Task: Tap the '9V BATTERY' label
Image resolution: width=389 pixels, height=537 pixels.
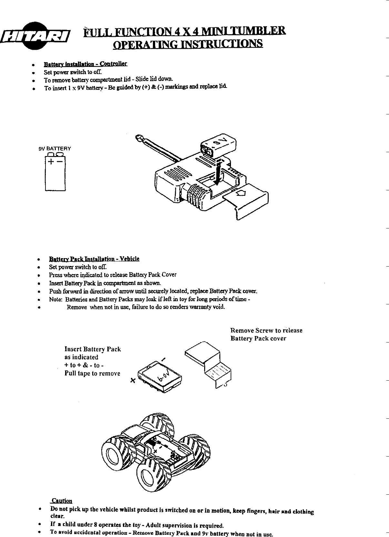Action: pos(55,149)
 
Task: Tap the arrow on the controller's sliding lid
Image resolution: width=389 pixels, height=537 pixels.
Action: pos(241,193)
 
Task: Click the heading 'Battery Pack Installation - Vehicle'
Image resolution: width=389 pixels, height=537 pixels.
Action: pos(94,259)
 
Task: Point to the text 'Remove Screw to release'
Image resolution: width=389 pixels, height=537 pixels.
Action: pos(266,330)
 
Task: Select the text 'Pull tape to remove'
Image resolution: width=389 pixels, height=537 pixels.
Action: pos(92,374)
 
